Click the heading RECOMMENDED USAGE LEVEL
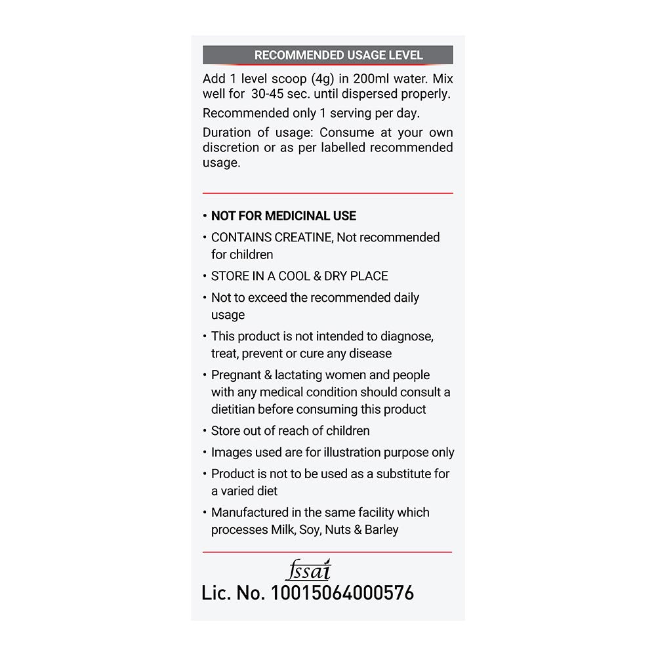point(338,55)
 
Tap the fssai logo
point(308,570)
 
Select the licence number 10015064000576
point(342,593)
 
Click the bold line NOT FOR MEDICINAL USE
point(283,216)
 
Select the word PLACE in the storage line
point(369,276)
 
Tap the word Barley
point(382,529)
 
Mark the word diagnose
point(406,337)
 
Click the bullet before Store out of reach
point(205,432)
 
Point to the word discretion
point(232,148)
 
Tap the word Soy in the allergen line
point(309,530)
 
